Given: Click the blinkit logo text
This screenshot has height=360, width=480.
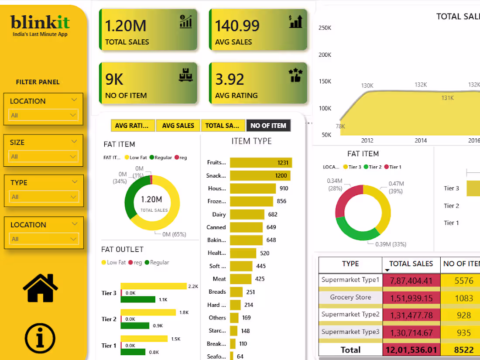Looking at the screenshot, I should pos(40,22).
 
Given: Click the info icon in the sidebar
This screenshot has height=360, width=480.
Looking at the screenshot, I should pos(40,338).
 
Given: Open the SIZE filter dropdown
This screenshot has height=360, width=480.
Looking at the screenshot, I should pos(43,156).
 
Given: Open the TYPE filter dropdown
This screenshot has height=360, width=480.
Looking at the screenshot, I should pos(43,197).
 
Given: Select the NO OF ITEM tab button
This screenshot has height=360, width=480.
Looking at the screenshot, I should pos(268,126).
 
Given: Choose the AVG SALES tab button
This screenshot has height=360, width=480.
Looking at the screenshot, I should pos(178,126).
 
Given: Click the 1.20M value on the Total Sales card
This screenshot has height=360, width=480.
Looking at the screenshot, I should pos(126,26).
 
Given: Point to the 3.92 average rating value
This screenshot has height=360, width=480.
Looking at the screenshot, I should pos(230,79).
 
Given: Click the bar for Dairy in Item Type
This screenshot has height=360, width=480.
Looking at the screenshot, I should pos(247,214).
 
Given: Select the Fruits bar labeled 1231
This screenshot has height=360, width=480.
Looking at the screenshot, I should pos(261,163).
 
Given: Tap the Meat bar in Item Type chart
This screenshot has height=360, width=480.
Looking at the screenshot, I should pos(240,279).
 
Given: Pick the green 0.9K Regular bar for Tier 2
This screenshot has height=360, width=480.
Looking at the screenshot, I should pos(136,326).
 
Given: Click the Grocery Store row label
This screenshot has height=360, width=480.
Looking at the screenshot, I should pos(350,297).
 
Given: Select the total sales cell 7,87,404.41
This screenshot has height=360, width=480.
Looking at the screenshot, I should pos(411,281).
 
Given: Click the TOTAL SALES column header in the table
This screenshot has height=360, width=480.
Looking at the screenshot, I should pos(411,264).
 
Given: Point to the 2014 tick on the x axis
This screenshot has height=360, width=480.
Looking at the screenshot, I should pos(421,141).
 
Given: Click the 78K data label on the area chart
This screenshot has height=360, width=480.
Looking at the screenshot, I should pos(340,127).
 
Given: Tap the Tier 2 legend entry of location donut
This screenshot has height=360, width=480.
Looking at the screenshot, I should pos(375,167).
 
